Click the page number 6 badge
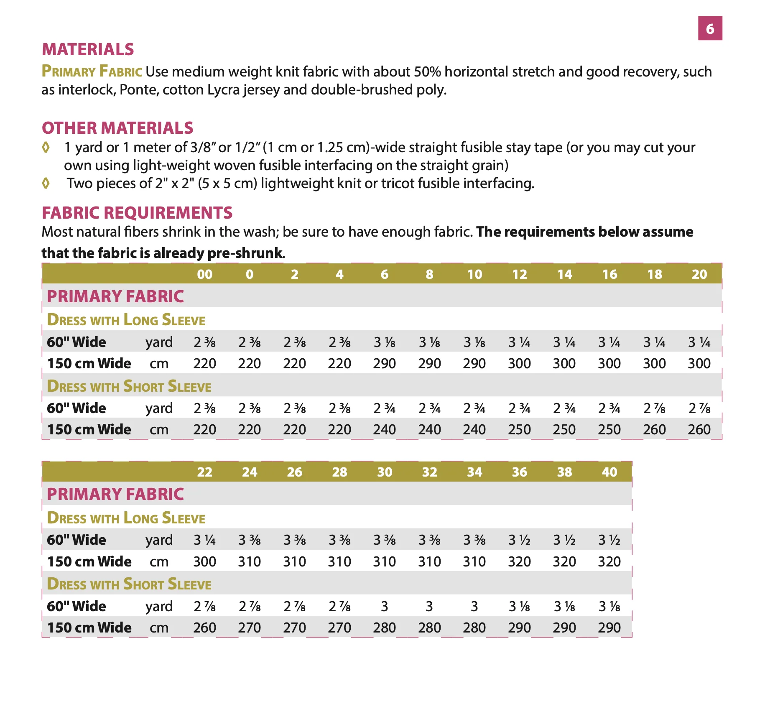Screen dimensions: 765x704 tap(710, 28)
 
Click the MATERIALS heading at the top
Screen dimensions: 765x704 tap(88, 49)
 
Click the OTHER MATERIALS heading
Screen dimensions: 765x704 tap(117, 128)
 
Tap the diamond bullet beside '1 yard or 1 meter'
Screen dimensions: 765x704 tap(46, 147)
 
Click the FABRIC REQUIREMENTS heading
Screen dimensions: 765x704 tap(137, 213)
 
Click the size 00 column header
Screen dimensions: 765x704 tap(205, 274)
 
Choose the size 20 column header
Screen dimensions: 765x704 tap(699, 274)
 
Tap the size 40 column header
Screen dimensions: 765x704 tap(609, 472)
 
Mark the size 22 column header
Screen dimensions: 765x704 tap(205, 472)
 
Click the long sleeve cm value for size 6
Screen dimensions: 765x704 tap(385, 363)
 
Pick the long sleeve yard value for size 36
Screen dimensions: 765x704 tap(519, 540)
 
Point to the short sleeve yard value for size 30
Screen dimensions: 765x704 tap(385, 606)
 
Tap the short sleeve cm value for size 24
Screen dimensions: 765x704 tap(250, 627)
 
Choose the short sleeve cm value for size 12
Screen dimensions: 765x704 tap(520, 429)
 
